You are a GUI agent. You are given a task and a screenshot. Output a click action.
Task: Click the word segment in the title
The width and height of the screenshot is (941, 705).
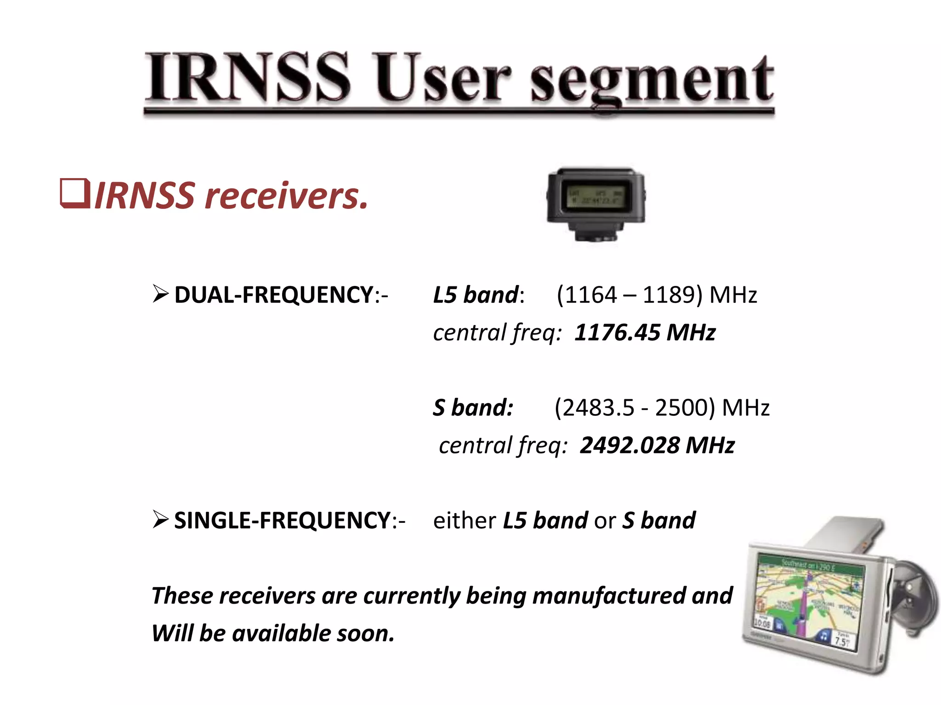[652, 81]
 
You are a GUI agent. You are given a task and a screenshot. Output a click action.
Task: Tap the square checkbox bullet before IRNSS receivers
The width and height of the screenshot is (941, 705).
[75, 195]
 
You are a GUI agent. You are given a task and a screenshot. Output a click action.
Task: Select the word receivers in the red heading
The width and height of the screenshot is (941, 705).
[286, 196]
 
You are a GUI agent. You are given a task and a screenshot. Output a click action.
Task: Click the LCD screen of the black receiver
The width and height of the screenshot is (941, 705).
[596, 196]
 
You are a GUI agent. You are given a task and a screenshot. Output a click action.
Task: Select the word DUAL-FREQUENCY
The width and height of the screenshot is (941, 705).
[273, 295]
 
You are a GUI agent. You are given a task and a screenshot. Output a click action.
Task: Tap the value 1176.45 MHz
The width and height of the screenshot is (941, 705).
[645, 332]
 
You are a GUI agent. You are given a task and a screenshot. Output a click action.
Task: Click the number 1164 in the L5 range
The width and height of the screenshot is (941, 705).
[590, 295]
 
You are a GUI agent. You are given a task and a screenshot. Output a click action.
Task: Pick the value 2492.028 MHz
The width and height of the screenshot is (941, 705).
[657, 445]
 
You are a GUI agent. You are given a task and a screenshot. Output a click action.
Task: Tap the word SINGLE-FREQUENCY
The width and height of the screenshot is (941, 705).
[282, 520]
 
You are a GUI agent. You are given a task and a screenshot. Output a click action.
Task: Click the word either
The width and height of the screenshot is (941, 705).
[464, 520]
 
